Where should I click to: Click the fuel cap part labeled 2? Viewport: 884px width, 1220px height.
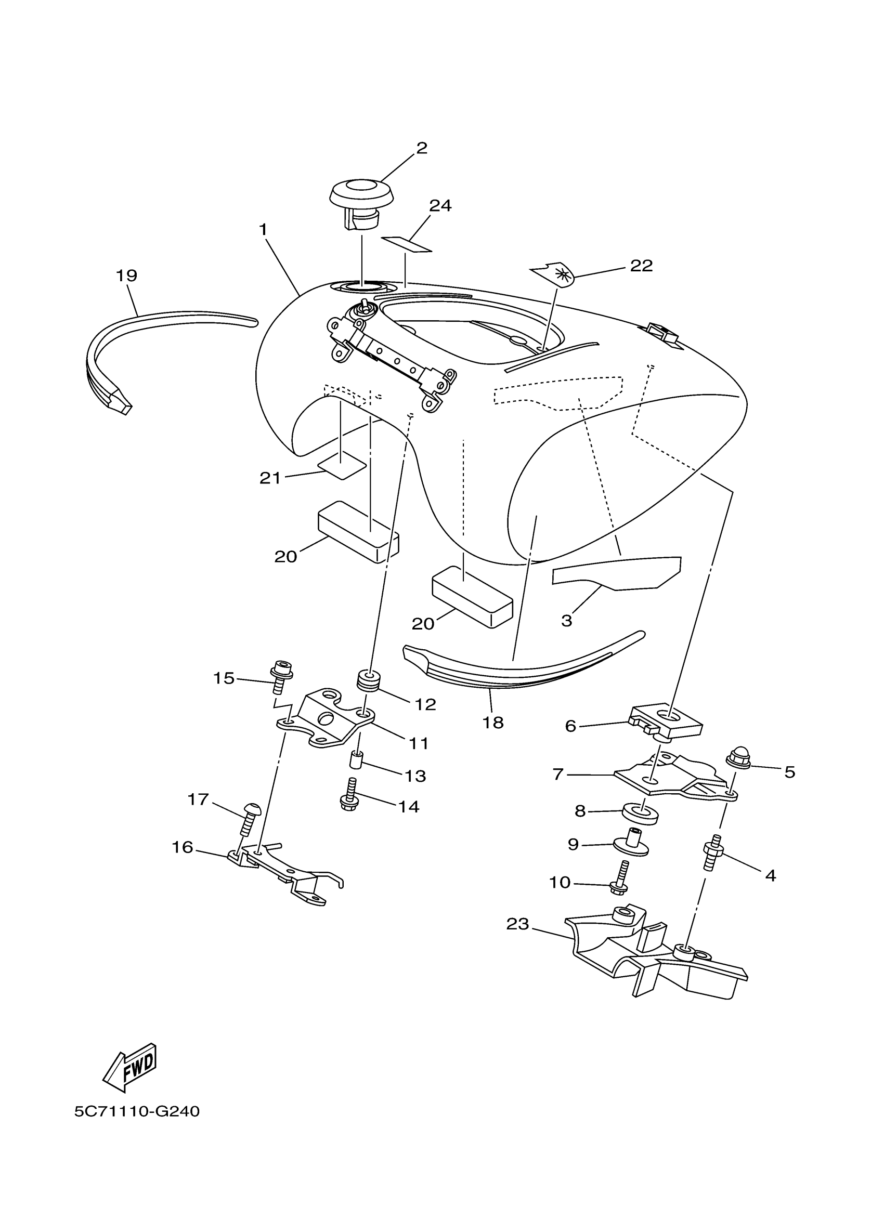click(361, 203)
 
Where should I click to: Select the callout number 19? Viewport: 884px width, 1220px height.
click(126, 276)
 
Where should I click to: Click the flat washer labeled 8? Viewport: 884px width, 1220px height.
click(640, 815)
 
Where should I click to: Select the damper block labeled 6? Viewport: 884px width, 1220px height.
click(666, 721)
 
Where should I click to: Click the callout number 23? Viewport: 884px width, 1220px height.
click(517, 924)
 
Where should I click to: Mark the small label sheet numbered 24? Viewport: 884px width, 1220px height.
click(407, 244)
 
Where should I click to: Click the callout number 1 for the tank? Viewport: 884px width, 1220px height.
click(263, 230)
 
